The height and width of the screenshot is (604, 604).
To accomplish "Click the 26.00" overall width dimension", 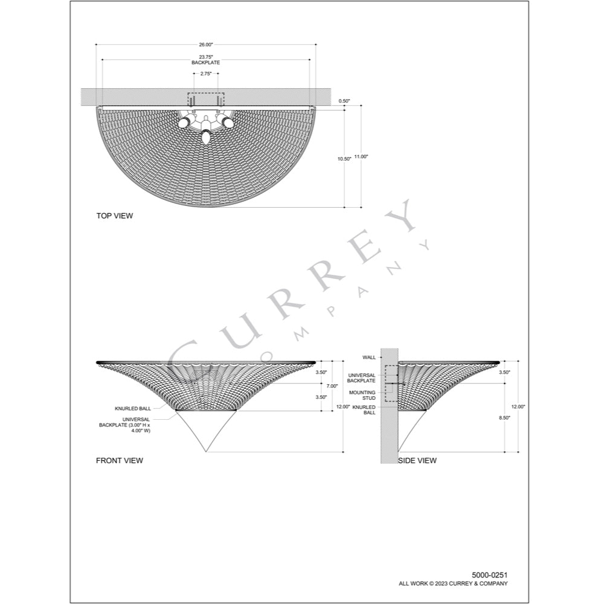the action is coord(206,45).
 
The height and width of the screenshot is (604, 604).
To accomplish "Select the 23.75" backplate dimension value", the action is coord(206,57).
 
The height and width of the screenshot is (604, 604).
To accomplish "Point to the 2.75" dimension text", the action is coord(206,74).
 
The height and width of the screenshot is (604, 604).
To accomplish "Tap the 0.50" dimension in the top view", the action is coord(344,101).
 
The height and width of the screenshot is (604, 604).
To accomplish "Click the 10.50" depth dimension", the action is coord(344,159).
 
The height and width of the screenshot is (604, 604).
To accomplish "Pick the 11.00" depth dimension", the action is coord(361,156).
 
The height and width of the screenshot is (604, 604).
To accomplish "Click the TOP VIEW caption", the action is coord(114,216).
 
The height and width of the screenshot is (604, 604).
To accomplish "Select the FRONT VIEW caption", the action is coord(120,460).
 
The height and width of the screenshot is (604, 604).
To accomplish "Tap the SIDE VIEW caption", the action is coord(417,460).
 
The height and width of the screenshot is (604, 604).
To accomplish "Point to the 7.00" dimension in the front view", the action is coord(332,386).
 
